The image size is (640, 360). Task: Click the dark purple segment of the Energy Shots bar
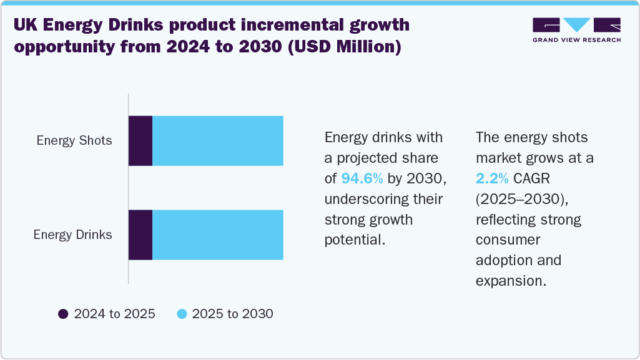pyautogui.click(x=140, y=141)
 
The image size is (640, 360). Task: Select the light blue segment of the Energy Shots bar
pyautogui.click(x=218, y=141)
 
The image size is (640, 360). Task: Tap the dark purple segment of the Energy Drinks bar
pyautogui.click(x=140, y=235)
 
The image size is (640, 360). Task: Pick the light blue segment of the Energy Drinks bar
pyautogui.click(x=218, y=235)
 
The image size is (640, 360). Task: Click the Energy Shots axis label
pyautogui.click(x=74, y=140)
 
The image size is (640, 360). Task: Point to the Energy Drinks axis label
pyautogui.click(x=73, y=235)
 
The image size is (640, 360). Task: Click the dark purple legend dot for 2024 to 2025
pyautogui.click(x=63, y=314)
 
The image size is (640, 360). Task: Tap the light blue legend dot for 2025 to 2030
pyautogui.click(x=182, y=314)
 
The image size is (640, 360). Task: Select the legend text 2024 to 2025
pyautogui.click(x=114, y=314)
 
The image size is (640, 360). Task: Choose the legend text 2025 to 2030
pyautogui.click(x=232, y=314)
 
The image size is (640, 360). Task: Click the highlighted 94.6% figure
pyautogui.click(x=363, y=178)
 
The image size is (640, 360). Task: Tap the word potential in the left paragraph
pyautogui.click(x=353, y=240)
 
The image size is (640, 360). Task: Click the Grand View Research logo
pyautogui.click(x=576, y=30)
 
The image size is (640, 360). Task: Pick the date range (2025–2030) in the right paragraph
pyautogui.click(x=522, y=199)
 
